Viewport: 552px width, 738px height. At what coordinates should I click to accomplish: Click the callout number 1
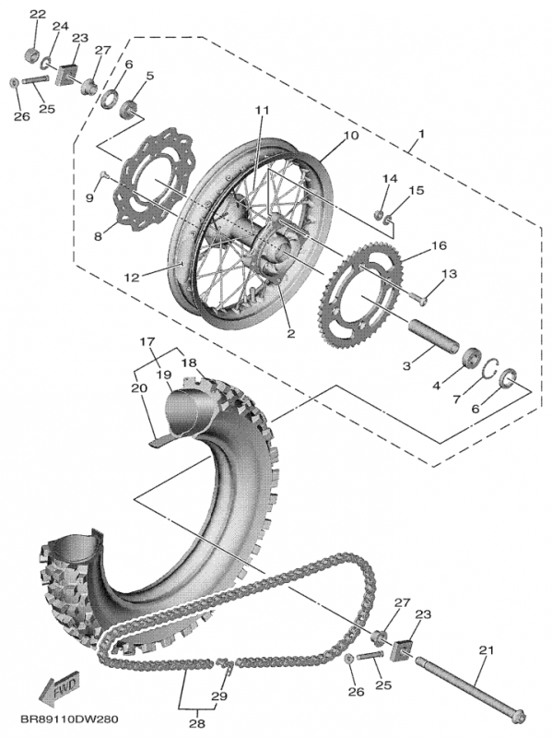(420, 135)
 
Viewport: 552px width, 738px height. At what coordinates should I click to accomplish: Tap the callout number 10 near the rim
(350, 136)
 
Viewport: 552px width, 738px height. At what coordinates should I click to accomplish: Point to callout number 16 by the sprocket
(438, 246)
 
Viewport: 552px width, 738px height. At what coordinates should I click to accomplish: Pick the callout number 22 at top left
(36, 14)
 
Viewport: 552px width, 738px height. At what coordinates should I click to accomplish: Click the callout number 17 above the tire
(146, 342)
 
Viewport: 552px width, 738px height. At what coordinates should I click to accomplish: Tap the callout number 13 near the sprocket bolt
(450, 274)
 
